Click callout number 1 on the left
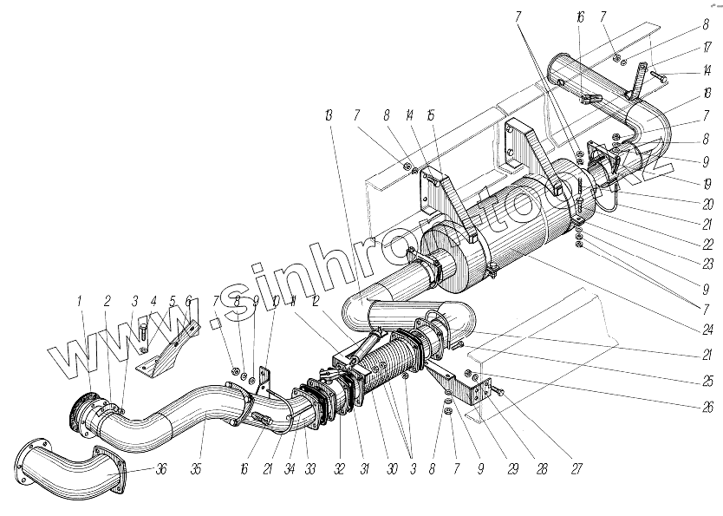click(x=80, y=302)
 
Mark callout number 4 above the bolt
click(x=153, y=302)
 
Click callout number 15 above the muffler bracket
click(x=430, y=115)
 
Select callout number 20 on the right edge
click(x=708, y=206)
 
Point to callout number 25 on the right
click(x=708, y=381)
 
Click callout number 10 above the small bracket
click(x=275, y=302)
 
